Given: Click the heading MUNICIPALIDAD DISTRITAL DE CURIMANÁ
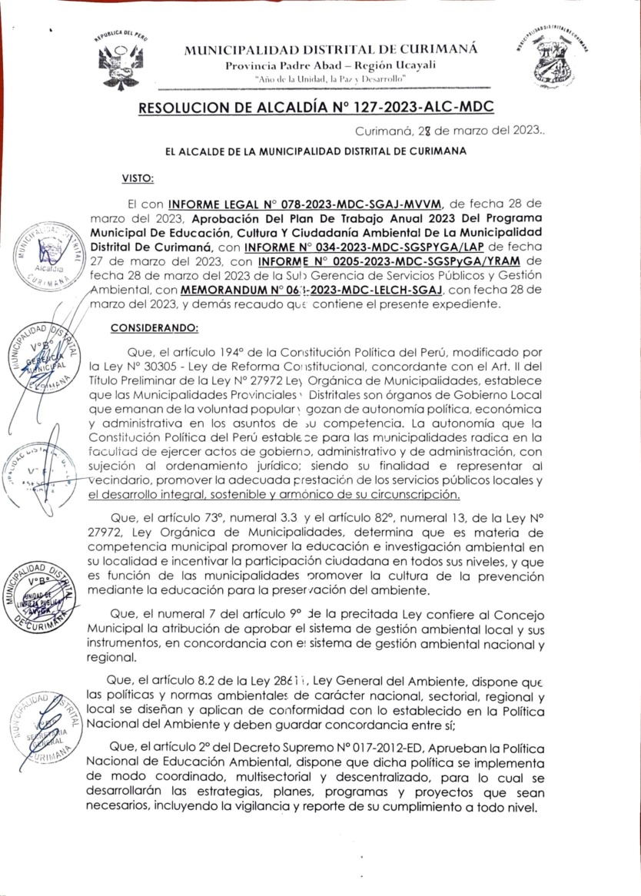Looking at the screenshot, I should pyautogui.click(x=331, y=50).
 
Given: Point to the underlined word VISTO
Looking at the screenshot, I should pyautogui.click(x=138, y=178).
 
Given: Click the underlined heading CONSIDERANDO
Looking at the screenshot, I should pyautogui.click(x=154, y=328).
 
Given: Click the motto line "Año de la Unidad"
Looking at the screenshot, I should pyautogui.click(x=331, y=79).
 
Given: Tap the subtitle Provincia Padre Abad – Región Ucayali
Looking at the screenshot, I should pyautogui.click(x=331, y=65).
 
